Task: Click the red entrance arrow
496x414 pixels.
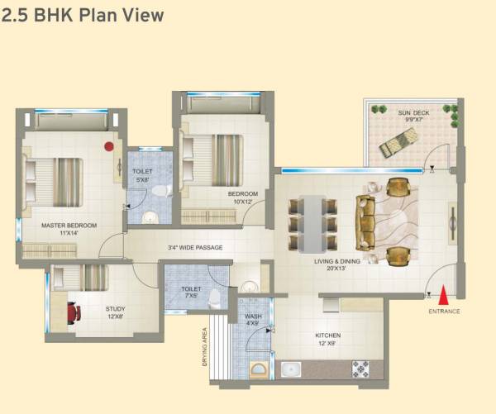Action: (x=445, y=294)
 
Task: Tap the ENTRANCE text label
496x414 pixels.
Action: (x=444, y=312)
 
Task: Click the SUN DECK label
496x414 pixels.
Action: (x=412, y=115)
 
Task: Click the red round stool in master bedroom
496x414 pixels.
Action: (x=108, y=146)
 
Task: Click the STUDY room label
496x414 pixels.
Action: (x=115, y=312)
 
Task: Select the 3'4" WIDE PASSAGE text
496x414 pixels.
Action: (x=194, y=247)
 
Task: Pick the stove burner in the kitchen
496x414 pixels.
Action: (x=361, y=369)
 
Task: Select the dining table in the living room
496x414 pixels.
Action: (x=312, y=221)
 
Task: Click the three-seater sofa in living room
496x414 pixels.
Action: (x=365, y=221)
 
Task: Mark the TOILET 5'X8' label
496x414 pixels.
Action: (x=141, y=175)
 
